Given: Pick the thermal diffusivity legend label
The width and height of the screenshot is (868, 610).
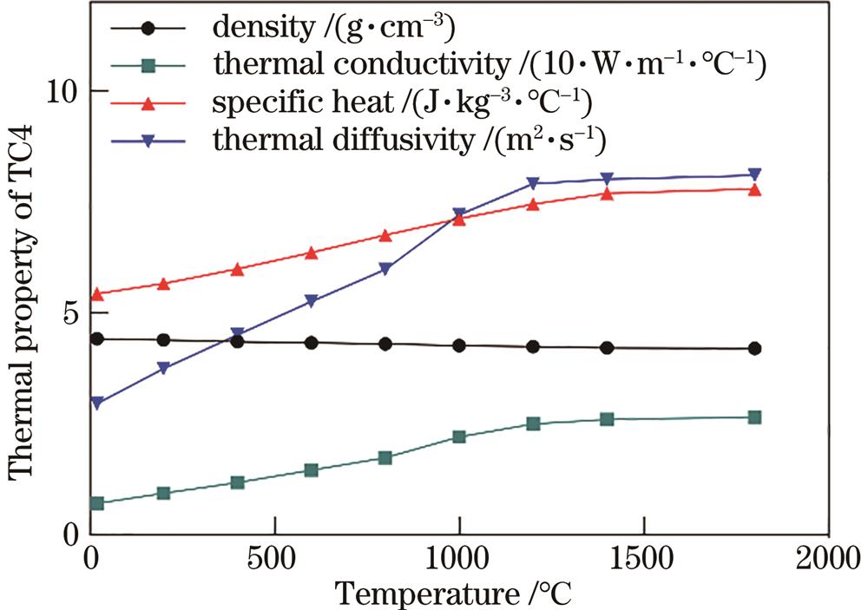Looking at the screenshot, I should point(416,141).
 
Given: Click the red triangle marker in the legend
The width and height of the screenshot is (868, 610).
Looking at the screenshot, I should point(148,104).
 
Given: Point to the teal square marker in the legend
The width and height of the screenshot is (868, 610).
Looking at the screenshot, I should point(148,66).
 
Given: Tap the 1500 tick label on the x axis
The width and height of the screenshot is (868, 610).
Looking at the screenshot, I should point(643,556).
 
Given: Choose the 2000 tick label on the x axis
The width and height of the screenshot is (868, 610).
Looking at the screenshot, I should point(827,556).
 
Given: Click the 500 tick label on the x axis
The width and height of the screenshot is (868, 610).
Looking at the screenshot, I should point(275,556).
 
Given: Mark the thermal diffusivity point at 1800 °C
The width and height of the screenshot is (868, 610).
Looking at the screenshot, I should point(754,174).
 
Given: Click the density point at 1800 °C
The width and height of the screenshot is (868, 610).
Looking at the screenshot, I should point(754,349).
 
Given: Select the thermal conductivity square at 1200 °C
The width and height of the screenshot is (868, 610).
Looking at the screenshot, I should point(533,423).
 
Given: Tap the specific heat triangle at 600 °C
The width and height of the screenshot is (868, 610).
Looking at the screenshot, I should point(312,253).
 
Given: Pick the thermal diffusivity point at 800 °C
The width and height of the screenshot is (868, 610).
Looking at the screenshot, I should point(385,269).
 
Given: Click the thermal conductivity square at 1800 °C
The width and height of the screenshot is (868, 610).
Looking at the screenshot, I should point(754,417).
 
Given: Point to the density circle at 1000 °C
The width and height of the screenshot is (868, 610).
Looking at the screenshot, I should point(459,345).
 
